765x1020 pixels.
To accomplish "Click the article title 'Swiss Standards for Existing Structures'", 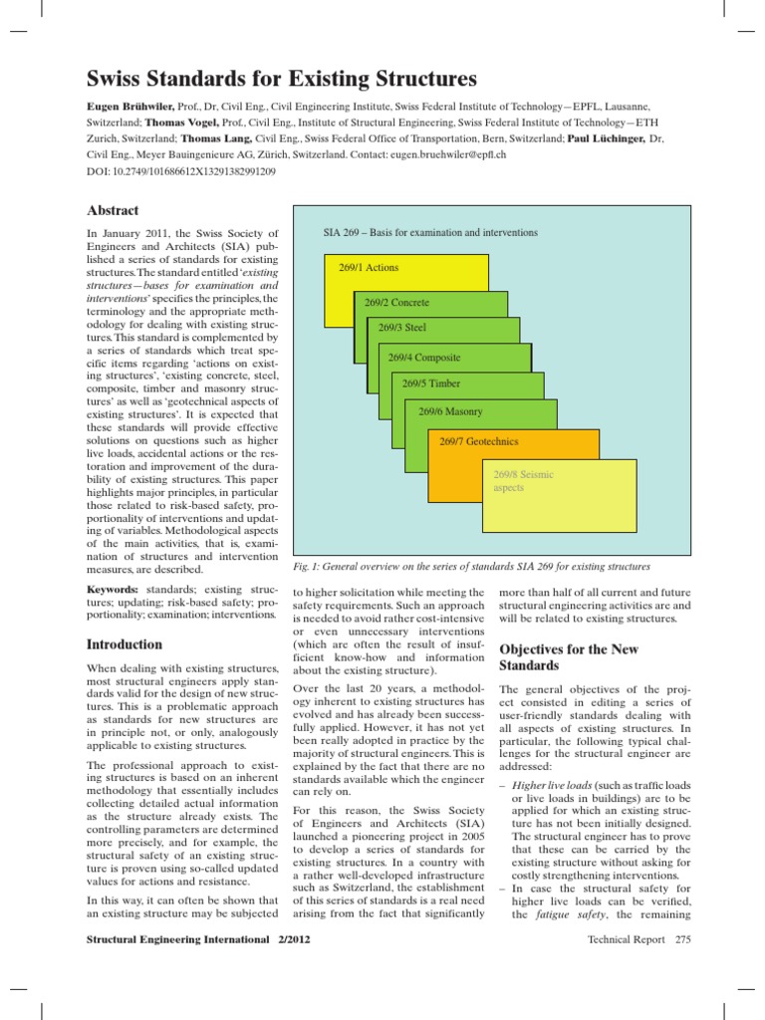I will [281, 79].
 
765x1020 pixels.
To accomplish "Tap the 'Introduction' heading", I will [125, 644].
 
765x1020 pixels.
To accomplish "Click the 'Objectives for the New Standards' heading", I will [568, 656].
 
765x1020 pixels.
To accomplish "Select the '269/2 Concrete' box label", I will [396, 302].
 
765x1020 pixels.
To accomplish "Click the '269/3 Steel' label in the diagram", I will [402, 327].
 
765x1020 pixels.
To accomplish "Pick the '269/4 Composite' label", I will [424, 357].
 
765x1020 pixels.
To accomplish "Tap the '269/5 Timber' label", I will [431, 382].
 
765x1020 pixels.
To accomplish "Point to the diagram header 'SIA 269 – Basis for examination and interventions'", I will [430, 232].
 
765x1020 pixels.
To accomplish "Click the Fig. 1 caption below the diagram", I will [471, 566].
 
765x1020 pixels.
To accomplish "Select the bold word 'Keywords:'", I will [113, 591].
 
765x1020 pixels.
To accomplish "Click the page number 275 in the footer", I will [682, 939].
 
